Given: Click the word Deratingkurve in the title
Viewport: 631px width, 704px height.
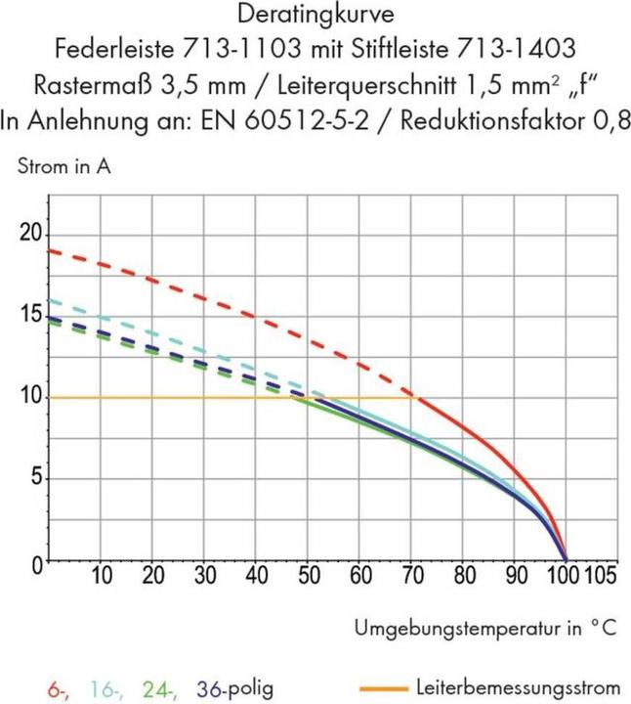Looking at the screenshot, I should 315,16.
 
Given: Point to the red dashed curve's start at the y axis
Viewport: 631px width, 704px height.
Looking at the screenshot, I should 49,250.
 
